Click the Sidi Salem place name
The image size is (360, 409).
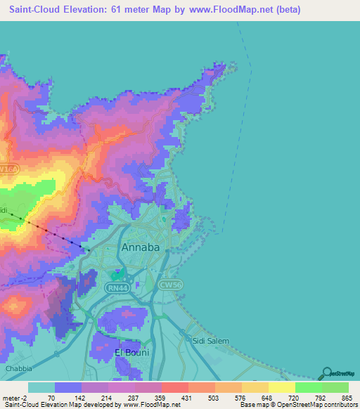coord(211,341)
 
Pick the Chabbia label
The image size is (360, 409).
coord(19,368)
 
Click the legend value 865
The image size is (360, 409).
coord(346,397)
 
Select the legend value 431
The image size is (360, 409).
coord(186,397)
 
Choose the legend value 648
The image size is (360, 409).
coord(266,397)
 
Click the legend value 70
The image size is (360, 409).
coord(51,397)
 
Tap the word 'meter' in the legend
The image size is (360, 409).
coord(12,397)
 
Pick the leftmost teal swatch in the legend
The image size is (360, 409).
coord(41,387)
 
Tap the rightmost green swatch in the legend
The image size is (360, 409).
coord(335,387)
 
